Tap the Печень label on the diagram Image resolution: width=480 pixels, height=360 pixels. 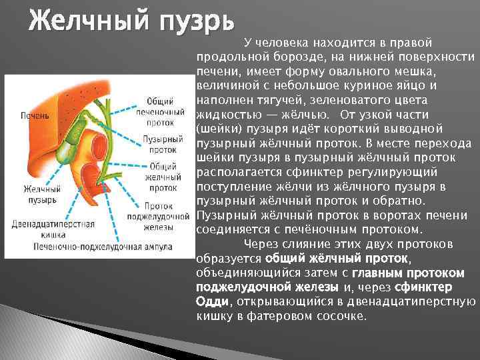pos(35,115)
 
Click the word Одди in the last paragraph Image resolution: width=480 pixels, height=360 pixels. pos(213,301)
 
